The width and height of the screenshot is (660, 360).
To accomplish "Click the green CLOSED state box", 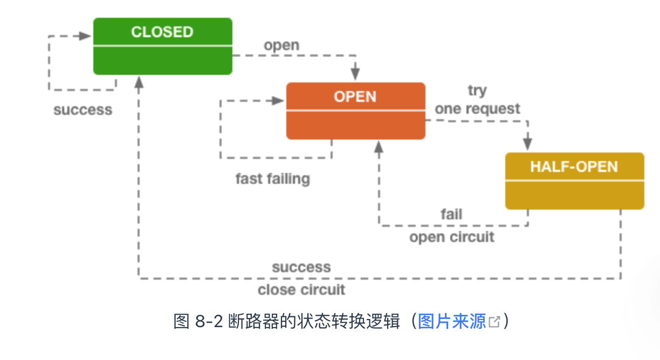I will (162, 46).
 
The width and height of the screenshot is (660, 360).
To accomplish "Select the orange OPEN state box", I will (355, 110).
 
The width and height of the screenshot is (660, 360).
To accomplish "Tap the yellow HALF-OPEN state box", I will (574, 181).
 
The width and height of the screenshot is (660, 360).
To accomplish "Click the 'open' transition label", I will (281, 45).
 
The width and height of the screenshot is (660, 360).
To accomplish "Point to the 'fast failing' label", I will (272, 178).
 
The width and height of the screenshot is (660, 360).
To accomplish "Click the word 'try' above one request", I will (477, 91).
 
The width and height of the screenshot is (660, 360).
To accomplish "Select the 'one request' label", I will (477, 109).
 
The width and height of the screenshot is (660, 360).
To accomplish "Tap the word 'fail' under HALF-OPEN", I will (451, 214).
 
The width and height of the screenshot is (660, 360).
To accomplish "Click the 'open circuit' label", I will (451, 237).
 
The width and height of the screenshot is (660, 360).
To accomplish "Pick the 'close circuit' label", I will (301, 290).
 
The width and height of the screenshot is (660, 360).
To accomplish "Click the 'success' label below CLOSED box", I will (82, 110).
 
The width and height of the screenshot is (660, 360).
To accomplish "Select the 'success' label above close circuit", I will (301, 267).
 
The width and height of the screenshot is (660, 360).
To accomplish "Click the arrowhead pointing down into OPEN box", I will (355, 74).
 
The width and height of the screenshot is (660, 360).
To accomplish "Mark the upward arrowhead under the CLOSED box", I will (139, 82).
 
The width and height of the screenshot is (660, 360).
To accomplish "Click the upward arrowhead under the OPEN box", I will (379, 147).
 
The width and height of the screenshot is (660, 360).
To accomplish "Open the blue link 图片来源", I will (452, 322).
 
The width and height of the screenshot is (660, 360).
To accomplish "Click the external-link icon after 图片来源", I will (494, 322).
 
